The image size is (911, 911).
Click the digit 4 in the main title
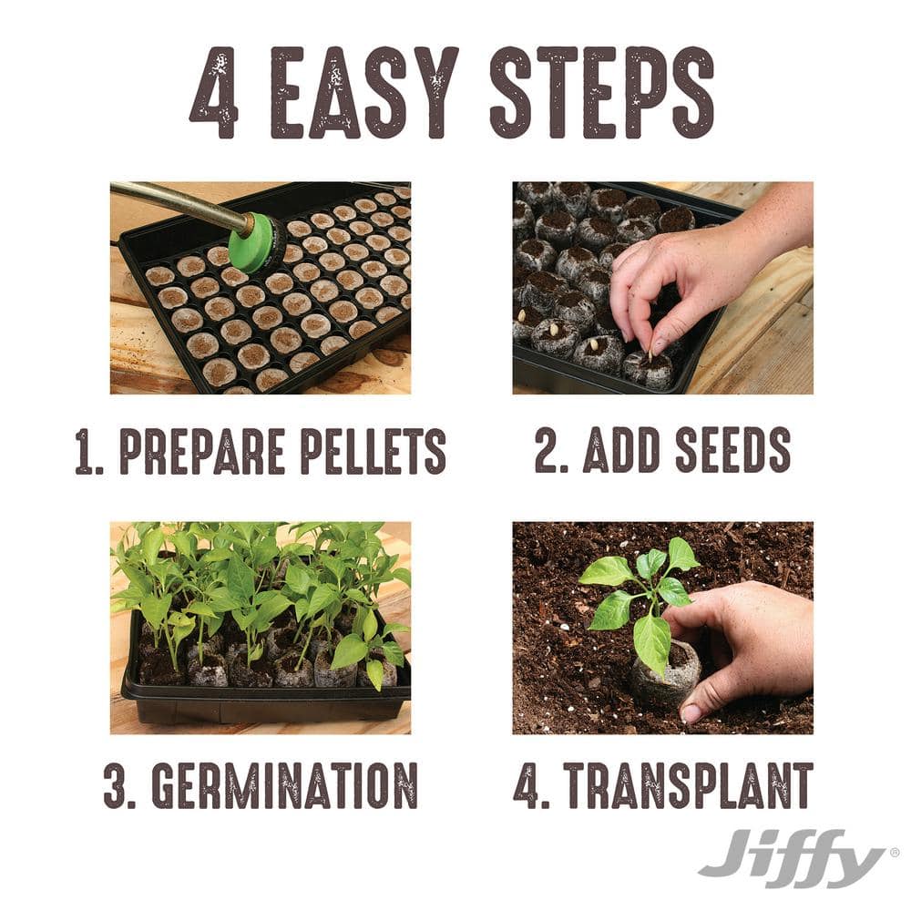[214, 93]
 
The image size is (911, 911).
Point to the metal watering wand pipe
[178, 205]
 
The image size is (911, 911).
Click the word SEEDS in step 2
[733, 450]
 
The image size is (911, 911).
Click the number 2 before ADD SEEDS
[548, 450]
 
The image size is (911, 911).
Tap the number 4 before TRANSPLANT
[527, 784]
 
